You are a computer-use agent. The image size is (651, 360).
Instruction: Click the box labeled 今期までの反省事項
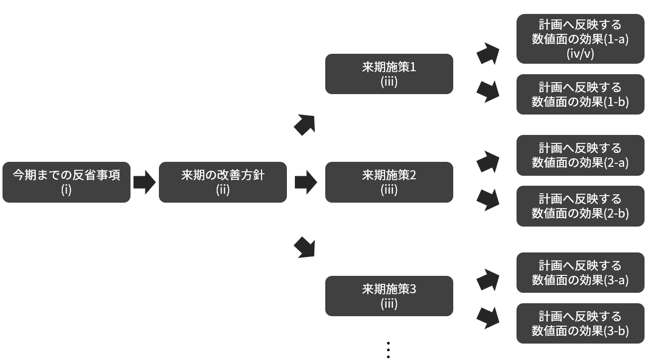66,182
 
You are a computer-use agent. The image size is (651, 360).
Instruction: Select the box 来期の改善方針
223,182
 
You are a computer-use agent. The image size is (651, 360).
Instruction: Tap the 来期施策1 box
389,74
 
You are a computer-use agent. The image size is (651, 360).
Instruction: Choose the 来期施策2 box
389,182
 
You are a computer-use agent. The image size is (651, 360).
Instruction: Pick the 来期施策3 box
389,296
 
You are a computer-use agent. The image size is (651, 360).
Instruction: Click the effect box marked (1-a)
580,39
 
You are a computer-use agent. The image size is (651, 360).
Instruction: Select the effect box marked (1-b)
580,95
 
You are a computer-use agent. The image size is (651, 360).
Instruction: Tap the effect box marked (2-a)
580,155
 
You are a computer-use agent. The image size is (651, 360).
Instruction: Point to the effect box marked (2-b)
580,206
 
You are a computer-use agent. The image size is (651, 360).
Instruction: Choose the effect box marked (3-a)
580,273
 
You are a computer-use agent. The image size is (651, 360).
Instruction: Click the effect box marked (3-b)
580,324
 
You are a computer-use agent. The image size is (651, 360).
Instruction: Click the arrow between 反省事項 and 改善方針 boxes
144,182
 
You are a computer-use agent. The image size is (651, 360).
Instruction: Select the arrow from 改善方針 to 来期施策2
306,182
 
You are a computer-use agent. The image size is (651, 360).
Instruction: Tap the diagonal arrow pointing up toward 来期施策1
305,124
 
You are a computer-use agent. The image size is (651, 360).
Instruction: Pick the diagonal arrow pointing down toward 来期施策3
305,247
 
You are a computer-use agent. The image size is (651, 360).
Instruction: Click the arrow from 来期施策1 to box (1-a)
488,53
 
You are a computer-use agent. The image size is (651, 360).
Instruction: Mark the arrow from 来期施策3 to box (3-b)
488,318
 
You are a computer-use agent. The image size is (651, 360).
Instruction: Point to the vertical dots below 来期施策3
388,350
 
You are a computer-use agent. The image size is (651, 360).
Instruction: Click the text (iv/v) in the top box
580,54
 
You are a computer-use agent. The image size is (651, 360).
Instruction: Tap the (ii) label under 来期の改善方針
223,190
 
